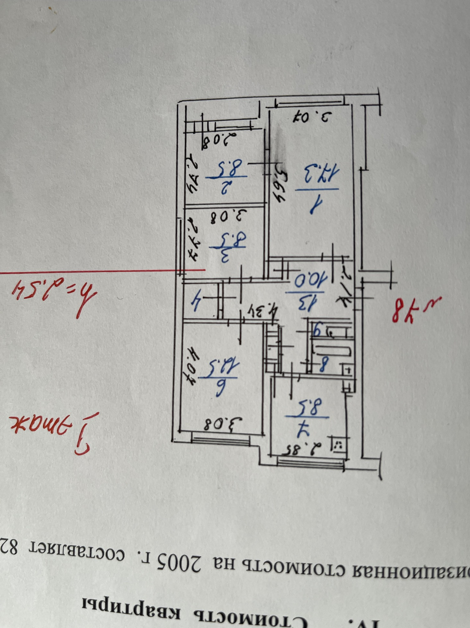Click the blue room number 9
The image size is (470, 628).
[317, 329]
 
